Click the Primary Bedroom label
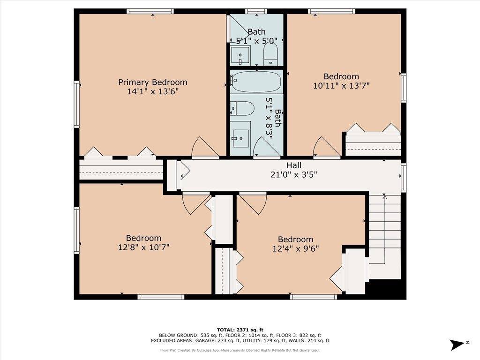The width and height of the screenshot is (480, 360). (152, 82)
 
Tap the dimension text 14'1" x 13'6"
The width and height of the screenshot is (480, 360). (152, 92)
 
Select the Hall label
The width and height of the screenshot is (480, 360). (294, 165)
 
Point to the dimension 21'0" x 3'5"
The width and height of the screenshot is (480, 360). (294, 175)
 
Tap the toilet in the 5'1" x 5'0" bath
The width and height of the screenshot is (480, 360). (271, 55)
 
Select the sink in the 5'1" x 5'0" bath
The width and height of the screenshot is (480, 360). (240, 56)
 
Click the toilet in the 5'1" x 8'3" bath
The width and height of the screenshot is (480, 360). (242, 109)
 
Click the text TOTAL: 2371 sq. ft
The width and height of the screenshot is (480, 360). (240, 330)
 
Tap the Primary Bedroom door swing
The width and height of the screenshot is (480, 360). (204, 148)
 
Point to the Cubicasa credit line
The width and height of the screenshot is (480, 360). (240, 350)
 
